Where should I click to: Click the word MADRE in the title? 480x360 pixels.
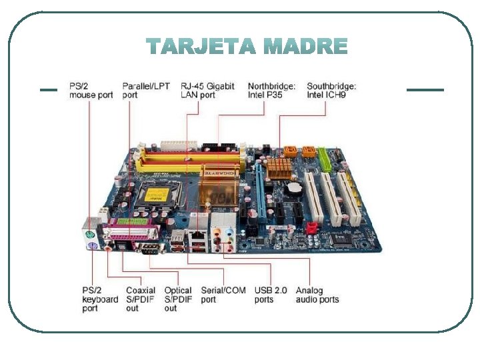click(x=306, y=47)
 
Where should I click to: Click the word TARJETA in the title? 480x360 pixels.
click(x=201, y=47)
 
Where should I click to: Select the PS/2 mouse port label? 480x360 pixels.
click(x=91, y=91)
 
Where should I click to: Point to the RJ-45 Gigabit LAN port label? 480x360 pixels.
click(x=207, y=91)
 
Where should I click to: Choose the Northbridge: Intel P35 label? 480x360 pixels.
click(x=272, y=91)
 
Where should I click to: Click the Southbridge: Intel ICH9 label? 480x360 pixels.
click(x=331, y=91)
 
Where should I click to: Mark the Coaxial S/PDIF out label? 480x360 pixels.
click(x=141, y=299)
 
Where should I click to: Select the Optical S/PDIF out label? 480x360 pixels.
click(x=178, y=299)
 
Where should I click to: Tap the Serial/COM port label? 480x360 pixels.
click(x=223, y=295)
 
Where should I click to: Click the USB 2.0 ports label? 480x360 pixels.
click(x=271, y=295)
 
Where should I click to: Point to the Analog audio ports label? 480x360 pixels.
click(x=317, y=295)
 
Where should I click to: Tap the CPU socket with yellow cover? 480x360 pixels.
click(x=157, y=195)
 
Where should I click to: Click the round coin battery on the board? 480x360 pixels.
click(x=293, y=188)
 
